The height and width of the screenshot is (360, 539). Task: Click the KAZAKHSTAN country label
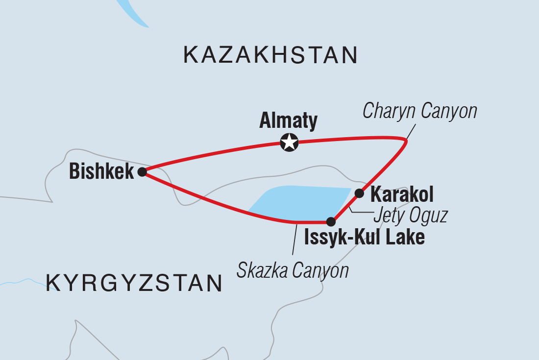(x=270, y=55)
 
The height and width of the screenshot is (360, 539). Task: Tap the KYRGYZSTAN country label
(x=134, y=283)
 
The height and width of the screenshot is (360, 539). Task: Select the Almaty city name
(x=289, y=120)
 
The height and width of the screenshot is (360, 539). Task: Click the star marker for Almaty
(x=289, y=143)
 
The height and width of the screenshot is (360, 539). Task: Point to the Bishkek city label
(x=101, y=171)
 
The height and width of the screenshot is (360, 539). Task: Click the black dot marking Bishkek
(x=142, y=172)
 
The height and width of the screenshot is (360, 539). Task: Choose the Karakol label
(x=402, y=195)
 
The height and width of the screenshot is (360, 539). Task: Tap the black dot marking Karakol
(x=359, y=193)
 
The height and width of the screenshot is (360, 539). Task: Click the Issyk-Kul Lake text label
(x=364, y=238)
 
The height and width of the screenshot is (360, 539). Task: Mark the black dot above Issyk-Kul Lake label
(x=332, y=221)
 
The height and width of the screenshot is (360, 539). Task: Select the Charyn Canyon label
(x=419, y=111)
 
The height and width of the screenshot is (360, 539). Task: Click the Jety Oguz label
(x=410, y=216)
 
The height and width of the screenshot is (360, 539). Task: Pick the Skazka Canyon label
(x=293, y=270)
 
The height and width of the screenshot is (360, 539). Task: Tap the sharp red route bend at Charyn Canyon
(x=406, y=142)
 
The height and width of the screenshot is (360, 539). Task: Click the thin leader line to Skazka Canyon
(x=294, y=240)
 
